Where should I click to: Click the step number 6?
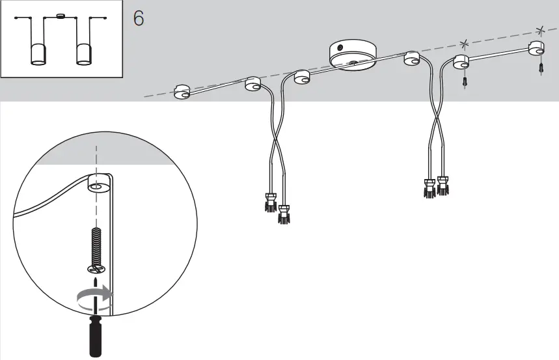click(139, 18)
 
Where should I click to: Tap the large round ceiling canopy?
click(353, 55)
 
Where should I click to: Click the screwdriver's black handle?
click(95, 336)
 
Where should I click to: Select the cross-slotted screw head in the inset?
click(95, 268)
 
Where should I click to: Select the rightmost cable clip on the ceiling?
click(536, 49)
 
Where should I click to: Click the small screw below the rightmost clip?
click(541, 68)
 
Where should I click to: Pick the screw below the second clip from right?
click(465, 83)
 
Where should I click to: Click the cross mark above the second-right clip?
click(464, 44)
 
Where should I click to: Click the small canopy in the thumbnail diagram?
click(61, 16)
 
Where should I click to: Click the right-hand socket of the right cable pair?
click(444, 185)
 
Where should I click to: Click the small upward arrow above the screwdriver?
click(95, 283)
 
